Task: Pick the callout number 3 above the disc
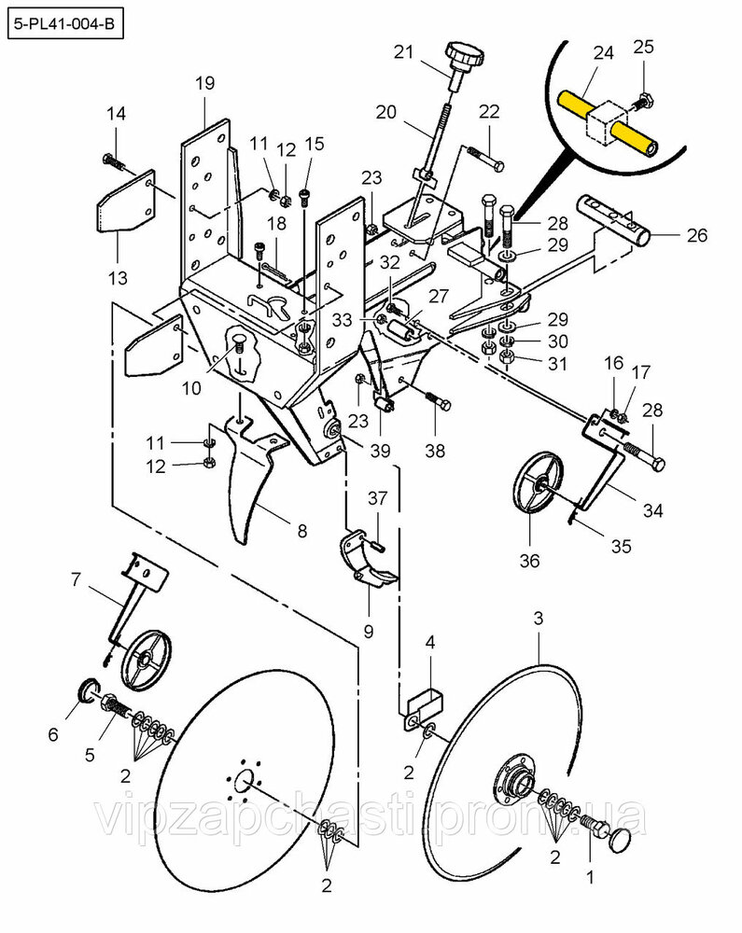tap(539, 619)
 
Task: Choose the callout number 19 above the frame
tap(204, 83)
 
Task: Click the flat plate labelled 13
tap(124, 202)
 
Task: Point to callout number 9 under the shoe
tap(367, 632)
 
